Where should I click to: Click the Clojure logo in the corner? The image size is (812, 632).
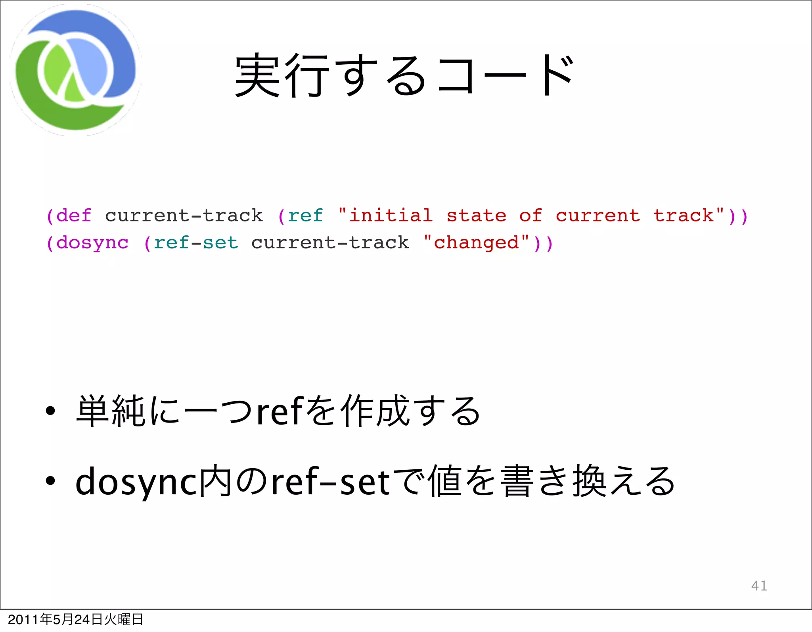click(x=75, y=70)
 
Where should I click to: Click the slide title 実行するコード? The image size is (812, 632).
click(x=404, y=75)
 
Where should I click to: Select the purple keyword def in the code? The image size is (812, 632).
click(x=74, y=216)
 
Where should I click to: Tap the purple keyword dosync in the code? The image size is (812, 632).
click(x=92, y=243)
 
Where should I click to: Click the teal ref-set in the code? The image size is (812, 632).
click(x=196, y=243)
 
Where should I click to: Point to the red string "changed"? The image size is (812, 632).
click(x=476, y=243)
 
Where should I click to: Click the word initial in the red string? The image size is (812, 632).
click(x=391, y=216)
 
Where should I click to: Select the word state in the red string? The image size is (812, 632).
click(x=477, y=216)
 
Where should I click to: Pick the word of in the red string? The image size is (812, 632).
click(x=530, y=216)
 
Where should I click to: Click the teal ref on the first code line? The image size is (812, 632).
click(x=305, y=216)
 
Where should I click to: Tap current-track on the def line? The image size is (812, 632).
click(x=184, y=216)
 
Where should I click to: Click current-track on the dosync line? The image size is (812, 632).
click(x=330, y=243)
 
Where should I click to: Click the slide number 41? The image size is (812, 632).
click(x=759, y=586)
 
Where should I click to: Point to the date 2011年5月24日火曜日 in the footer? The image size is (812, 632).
click(x=75, y=619)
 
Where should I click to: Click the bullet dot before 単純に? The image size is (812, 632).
click(x=50, y=412)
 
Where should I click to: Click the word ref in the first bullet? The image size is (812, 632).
click(x=280, y=412)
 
